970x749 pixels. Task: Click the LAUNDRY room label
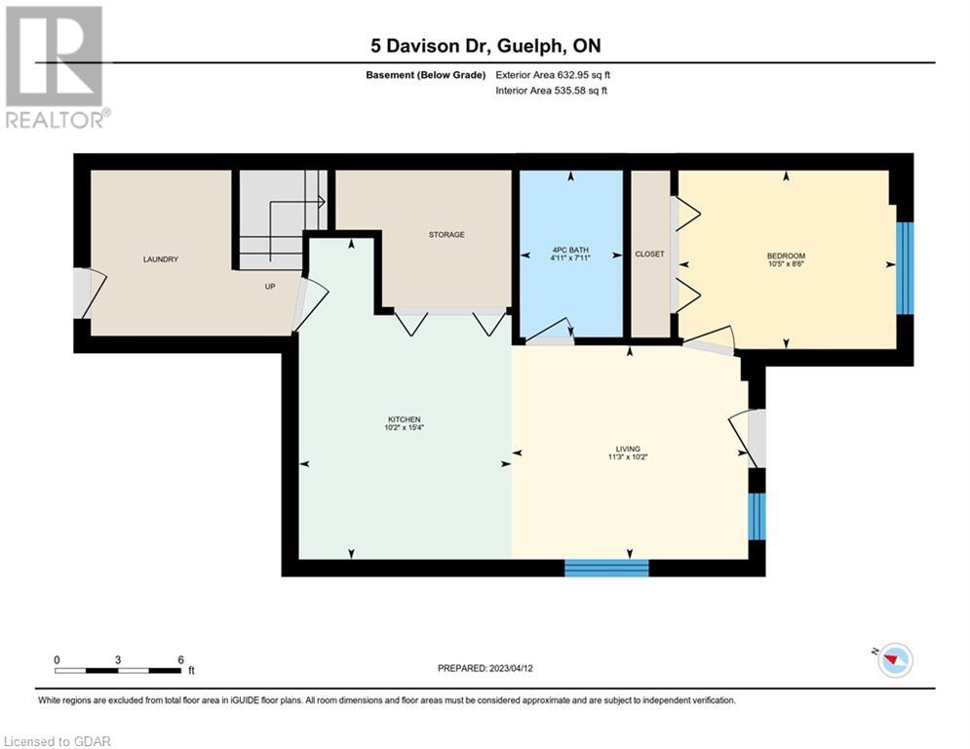[x=160, y=259]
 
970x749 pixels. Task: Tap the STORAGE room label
[x=446, y=235]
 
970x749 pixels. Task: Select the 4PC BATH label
[x=570, y=250]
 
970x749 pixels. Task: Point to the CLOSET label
[x=649, y=254]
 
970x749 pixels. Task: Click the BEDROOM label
[x=787, y=256]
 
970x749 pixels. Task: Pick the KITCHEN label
[x=404, y=419]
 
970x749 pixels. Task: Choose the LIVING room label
[x=628, y=449]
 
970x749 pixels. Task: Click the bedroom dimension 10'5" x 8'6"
[x=787, y=263]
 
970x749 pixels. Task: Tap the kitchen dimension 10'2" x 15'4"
[x=404, y=428]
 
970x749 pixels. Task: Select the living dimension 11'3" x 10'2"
[x=628, y=456]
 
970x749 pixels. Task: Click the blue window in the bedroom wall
[x=905, y=268]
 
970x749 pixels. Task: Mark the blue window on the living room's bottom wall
[x=607, y=569]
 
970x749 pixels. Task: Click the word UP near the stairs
[x=270, y=287]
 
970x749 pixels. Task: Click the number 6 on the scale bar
[x=180, y=660]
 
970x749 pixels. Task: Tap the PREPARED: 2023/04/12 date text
[x=485, y=668]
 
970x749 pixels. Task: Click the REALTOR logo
[x=56, y=67]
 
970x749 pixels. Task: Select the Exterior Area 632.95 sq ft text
[x=553, y=75]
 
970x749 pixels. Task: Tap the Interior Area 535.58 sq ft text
[x=551, y=91]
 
